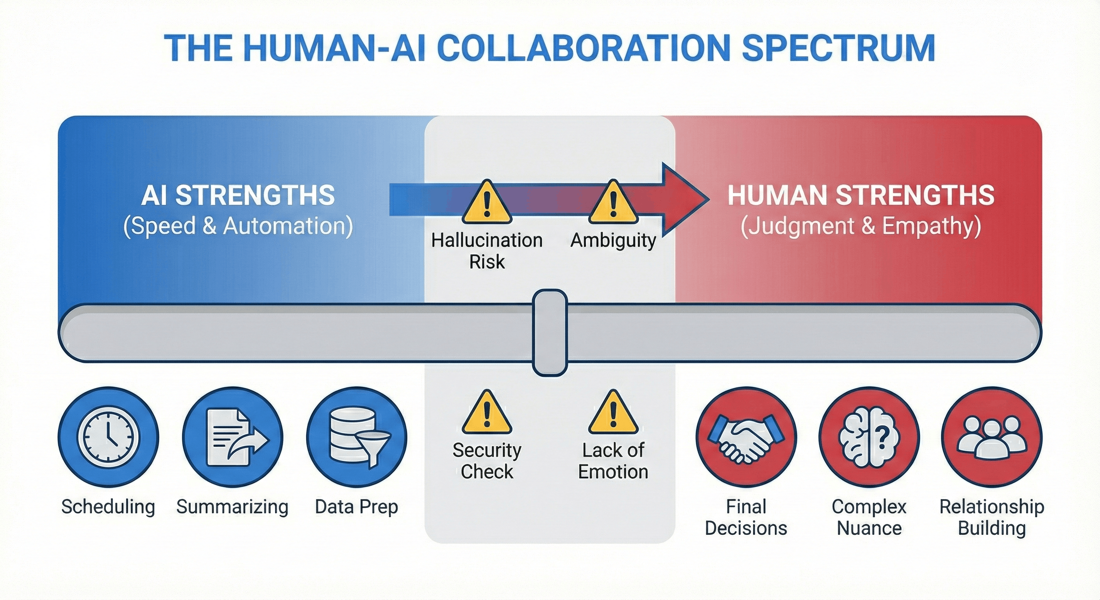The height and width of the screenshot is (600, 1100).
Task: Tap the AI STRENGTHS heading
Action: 238,195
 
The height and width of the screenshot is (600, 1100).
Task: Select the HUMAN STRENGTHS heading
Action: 861,195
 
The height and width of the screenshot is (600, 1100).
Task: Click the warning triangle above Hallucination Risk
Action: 486,203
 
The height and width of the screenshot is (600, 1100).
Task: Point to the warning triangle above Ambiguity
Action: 613,203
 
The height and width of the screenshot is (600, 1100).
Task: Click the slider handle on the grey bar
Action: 550,332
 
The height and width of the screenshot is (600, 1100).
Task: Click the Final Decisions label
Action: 746,517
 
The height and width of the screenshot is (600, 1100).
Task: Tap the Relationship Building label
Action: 991,517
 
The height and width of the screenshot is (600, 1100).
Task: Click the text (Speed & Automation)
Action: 238,226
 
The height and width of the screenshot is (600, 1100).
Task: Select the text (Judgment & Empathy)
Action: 861,226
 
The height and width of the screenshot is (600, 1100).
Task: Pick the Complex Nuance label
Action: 869,517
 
